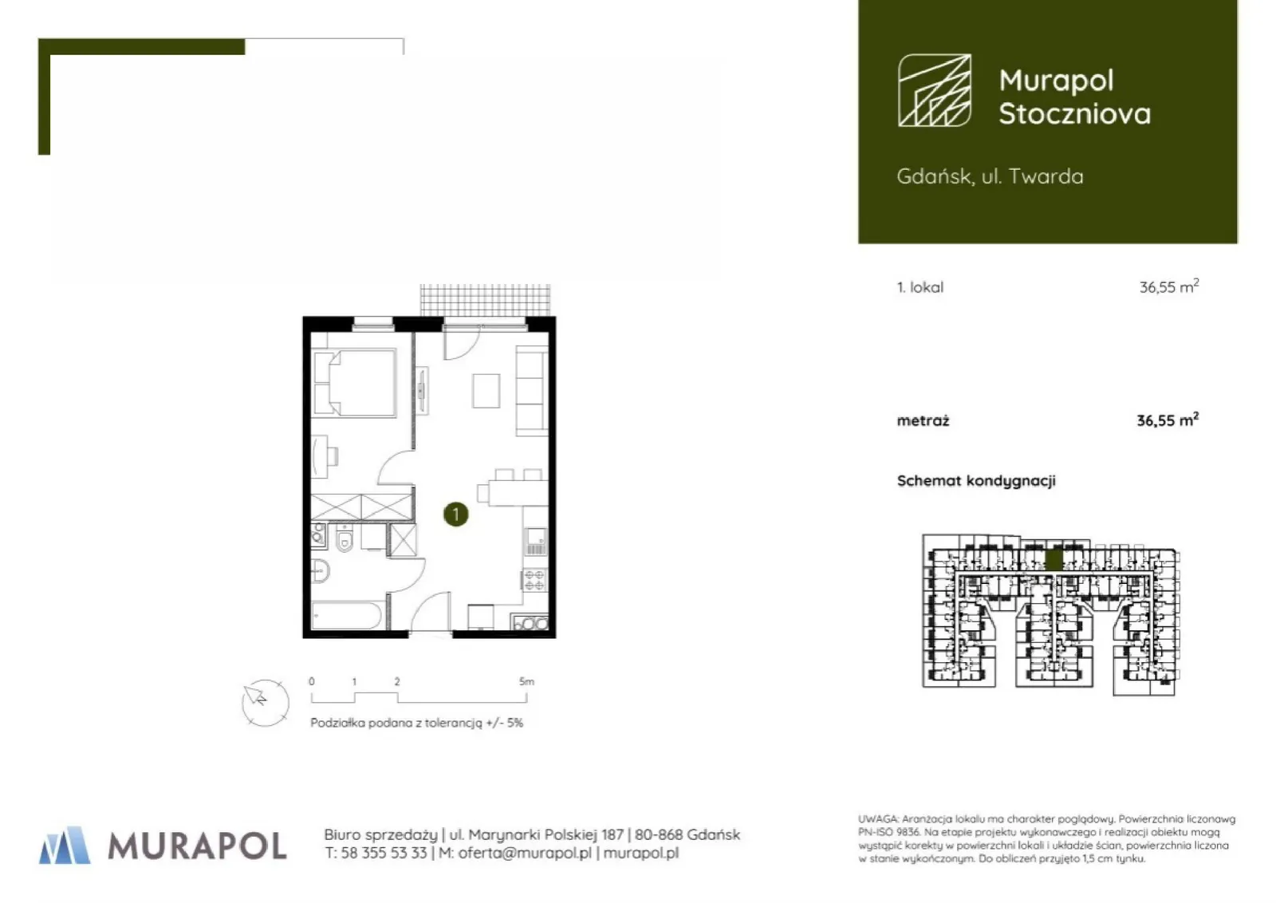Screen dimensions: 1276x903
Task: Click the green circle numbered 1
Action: (x=455, y=515)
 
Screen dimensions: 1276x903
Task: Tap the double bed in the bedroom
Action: (x=354, y=383)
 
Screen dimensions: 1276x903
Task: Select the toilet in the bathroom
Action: (x=344, y=537)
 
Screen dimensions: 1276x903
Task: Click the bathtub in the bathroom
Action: (x=347, y=615)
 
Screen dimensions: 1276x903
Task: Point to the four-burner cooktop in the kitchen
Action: (x=534, y=581)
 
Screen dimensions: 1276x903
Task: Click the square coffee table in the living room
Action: (x=486, y=390)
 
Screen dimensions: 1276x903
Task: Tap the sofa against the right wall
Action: (x=531, y=391)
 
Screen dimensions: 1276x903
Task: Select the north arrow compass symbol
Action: (x=265, y=703)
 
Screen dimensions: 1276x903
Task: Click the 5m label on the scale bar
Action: (x=526, y=681)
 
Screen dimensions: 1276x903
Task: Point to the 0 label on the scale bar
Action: (x=312, y=681)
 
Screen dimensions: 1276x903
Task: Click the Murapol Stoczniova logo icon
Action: (x=934, y=90)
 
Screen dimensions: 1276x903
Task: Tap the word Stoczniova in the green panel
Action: (x=1075, y=113)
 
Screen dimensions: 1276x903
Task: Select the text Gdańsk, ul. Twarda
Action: (x=990, y=176)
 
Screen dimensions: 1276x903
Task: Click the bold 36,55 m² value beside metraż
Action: (x=1168, y=420)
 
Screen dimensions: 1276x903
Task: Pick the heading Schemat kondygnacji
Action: (x=976, y=481)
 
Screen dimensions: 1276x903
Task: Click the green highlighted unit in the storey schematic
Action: (x=1054, y=559)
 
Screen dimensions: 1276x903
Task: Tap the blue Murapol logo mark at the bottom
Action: (x=65, y=845)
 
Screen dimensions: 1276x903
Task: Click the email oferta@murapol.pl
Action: (x=525, y=853)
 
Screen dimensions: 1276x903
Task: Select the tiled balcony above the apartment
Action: (x=486, y=300)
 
